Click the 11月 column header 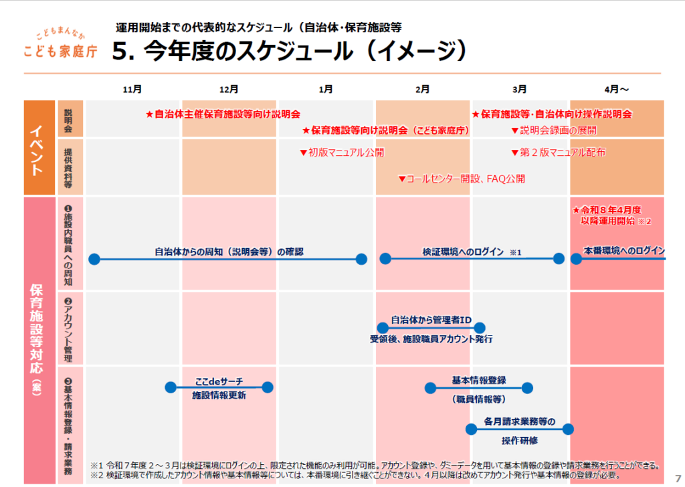pos(132,89)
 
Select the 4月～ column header pos(616,89)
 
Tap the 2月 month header pos(422,89)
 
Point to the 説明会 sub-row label pos(69,118)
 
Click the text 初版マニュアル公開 pos(342,153)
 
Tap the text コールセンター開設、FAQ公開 pos(462,179)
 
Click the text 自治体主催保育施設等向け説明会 pos(223,114)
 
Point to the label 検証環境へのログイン pos(462,252)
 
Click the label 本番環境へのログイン pos(623,251)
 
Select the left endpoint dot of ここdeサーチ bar pos(171,387)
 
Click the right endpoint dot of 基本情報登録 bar pos(527,387)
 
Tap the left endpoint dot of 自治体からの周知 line pos(94,259)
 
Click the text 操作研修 pos(520,440)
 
